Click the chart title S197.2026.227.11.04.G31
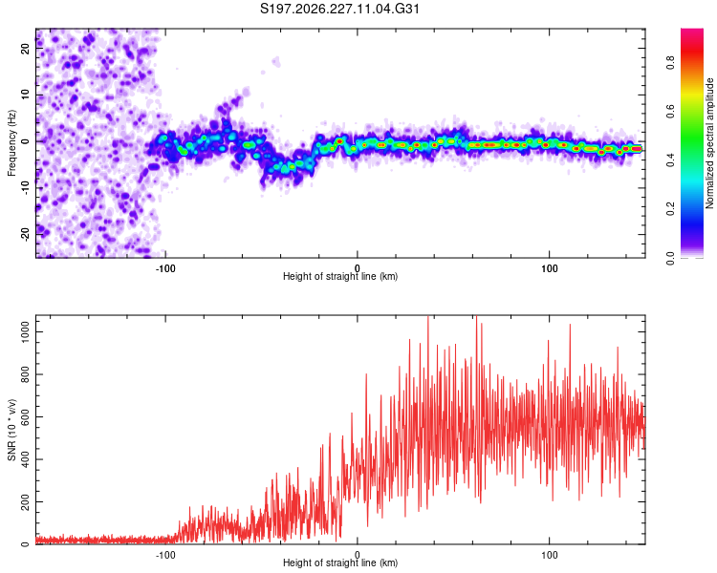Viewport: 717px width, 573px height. (x=339, y=9)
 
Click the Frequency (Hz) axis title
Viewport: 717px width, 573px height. (x=11, y=143)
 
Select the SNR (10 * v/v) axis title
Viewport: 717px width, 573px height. (x=11, y=430)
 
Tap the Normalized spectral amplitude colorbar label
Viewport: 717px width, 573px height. (x=709, y=143)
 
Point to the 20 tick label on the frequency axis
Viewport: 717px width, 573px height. (x=26, y=48)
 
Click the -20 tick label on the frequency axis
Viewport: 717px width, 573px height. (x=26, y=235)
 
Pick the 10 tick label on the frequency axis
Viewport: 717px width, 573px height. (x=26, y=95)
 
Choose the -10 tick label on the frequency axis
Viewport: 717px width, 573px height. (x=26, y=188)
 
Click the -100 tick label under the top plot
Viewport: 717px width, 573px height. (x=165, y=268)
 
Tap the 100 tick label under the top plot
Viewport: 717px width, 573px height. (x=549, y=268)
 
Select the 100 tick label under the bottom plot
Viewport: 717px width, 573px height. (x=549, y=555)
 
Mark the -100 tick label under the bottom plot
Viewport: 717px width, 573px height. (x=165, y=555)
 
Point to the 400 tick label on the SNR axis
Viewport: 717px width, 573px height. (x=26, y=459)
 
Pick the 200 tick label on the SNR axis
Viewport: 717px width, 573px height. (x=26, y=501)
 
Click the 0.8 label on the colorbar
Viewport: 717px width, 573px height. (x=670, y=62)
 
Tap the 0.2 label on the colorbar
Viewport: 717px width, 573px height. (x=670, y=209)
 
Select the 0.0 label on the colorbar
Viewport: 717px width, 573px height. (x=670, y=258)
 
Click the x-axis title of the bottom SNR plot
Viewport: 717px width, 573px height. (x=340, y=562)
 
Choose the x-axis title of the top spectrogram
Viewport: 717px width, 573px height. (x=340, y=276)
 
